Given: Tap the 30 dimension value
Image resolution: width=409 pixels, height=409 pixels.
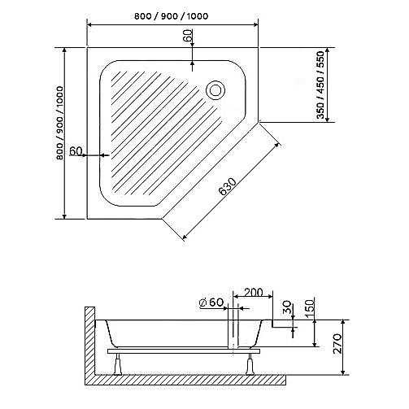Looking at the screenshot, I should [x=286, y=310].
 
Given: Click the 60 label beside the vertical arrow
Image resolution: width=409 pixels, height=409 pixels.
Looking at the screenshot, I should [x=188, y=37].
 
